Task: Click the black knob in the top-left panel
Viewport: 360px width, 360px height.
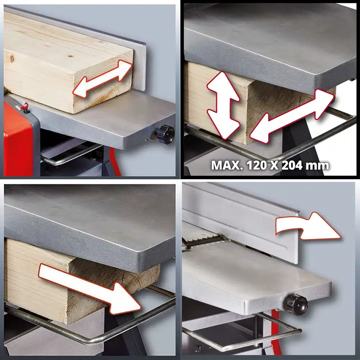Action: tap(165, 134)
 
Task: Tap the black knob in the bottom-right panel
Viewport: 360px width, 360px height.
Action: tap(297, 305)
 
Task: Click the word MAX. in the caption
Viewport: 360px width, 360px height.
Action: tap(227, 165)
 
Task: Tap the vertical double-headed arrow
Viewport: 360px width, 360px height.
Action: tap(223, 105)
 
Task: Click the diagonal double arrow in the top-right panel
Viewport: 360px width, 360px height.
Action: tap(292, 116)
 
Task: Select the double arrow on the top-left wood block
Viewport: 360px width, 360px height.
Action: tap(102, 79)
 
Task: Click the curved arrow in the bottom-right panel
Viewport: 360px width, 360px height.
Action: tap(308, 226)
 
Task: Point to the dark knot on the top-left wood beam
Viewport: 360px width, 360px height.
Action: tap(12, 59)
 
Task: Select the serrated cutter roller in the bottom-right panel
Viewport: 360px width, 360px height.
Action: tap(202, 237)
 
